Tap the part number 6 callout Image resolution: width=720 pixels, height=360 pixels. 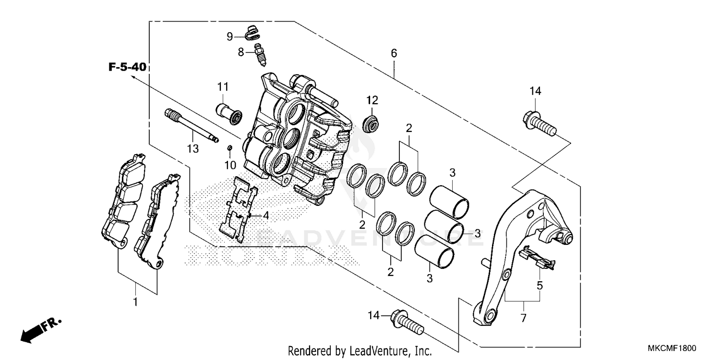(x=394, y=53)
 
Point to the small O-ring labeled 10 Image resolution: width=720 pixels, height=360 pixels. (x=230, y=148)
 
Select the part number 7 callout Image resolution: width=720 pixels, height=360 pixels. (x=523, y=318)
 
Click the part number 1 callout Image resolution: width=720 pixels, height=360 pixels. (x=135, y=302)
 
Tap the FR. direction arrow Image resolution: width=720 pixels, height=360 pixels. (x=41, y=329)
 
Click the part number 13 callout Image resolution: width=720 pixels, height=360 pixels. (x=192, y=149)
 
